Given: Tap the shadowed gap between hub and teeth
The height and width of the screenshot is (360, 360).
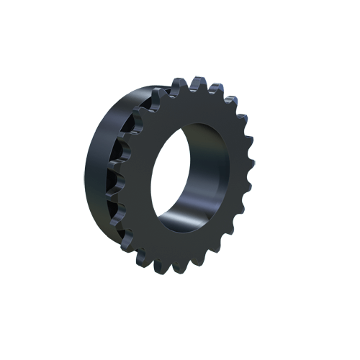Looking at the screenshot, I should point(122,173).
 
